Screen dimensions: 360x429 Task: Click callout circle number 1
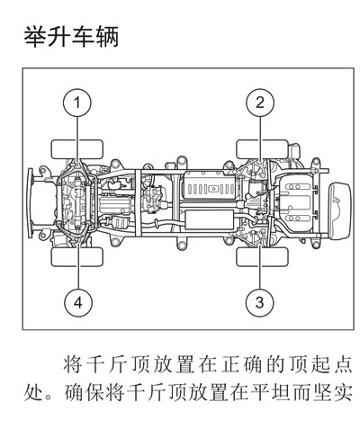(77, 103)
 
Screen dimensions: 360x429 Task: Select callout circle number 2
(260, 103)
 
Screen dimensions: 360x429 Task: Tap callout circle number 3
(260, 302)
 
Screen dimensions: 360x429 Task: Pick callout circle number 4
(77, 302)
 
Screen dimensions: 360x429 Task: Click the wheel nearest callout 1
(77, 149)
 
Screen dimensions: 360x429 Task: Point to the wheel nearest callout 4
(77, 257)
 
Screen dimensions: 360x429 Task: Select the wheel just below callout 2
(263, 149)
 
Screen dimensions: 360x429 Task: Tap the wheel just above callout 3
(263, 257)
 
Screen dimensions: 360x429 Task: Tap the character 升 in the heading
(59, 37)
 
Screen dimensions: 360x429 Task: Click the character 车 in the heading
(84, 37)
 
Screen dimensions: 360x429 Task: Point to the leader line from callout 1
(78, 139)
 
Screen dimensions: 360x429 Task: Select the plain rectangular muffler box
(210, 219)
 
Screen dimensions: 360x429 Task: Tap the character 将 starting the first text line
(73, 364)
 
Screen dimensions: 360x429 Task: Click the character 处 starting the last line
(33, 391)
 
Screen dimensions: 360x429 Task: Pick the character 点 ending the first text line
(343, 364)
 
